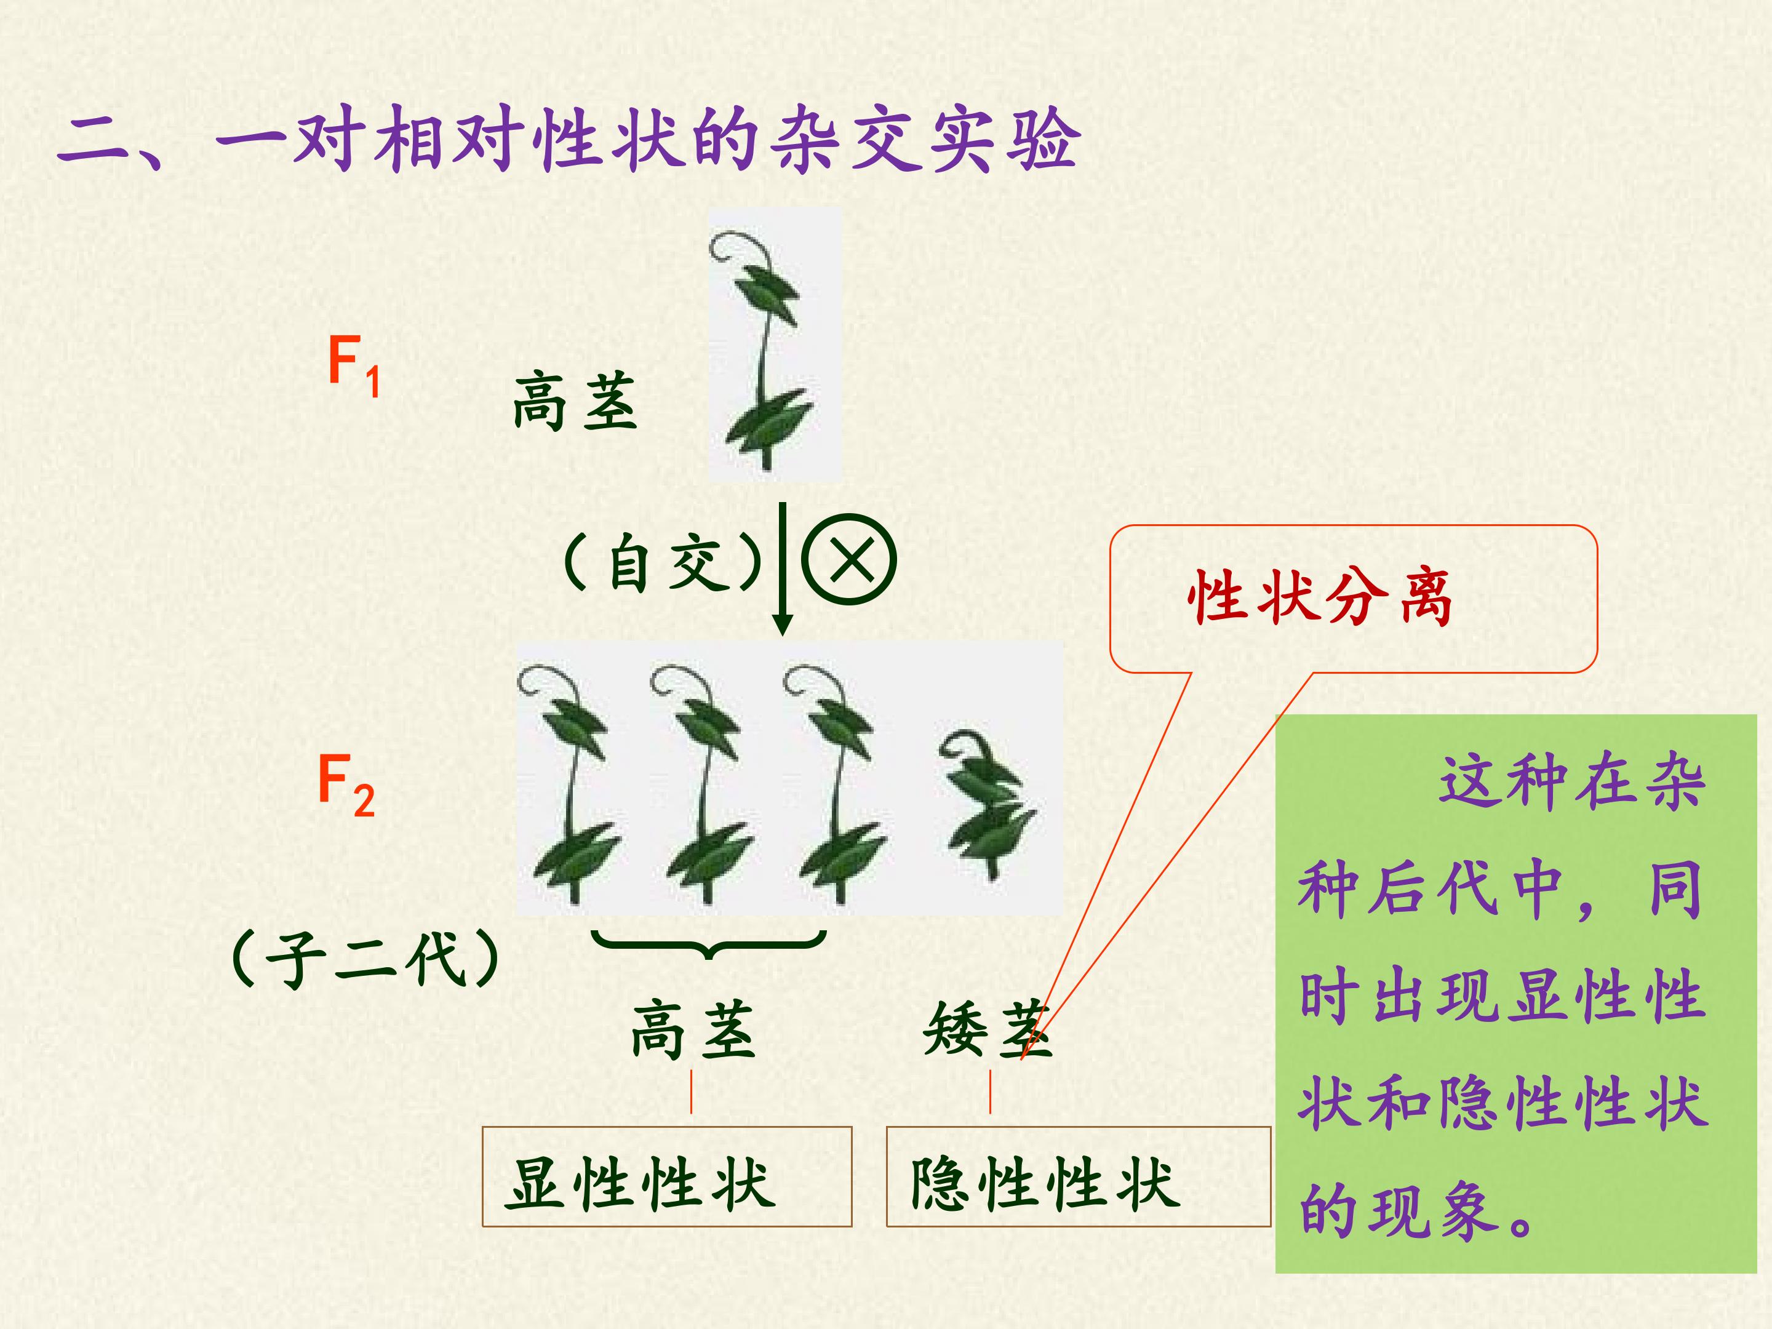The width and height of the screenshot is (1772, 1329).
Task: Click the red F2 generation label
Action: [x=346, y=785]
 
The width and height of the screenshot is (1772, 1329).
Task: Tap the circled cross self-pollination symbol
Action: [x=848, y=559]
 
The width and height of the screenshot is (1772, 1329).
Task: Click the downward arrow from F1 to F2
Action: [x=783, y=569]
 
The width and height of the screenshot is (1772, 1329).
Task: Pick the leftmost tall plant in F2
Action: [x=570, y=783]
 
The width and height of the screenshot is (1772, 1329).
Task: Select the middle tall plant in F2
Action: [x=703, y=783]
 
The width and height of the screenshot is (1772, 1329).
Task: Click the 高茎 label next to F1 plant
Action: [x=575, y=401]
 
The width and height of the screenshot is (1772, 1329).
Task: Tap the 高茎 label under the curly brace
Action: [x=693, y=1029]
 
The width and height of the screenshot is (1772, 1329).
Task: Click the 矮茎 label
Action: [x=987, y=1029]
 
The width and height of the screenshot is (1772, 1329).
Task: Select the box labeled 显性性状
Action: [x=666, y=1176]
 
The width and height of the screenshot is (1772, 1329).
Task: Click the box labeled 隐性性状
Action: [x=1078, y=1176]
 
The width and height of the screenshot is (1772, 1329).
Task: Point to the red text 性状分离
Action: [x=1319, y=597]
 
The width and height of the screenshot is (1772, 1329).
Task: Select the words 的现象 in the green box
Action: [x=1399, y=1210]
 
